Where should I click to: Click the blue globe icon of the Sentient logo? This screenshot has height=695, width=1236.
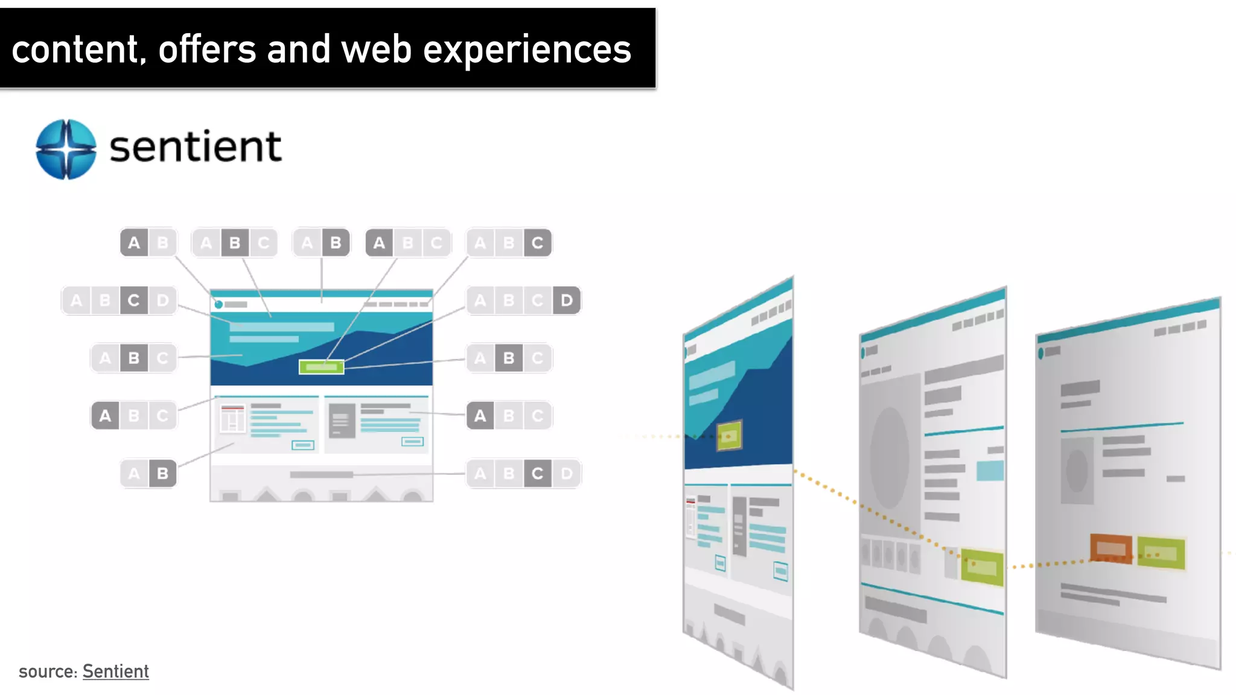[66, 149]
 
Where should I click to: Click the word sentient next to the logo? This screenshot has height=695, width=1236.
[196, 147]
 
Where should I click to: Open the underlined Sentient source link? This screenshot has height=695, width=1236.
[115, 671]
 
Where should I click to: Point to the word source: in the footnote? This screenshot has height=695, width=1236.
[48, 671]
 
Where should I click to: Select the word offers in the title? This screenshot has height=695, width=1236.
[207, 49]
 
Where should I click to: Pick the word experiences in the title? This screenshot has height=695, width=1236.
[527, 49]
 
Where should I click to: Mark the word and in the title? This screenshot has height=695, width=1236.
[298, 49]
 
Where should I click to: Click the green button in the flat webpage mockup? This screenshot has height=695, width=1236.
[321, 367]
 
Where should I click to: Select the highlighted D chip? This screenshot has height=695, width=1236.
[566, 300]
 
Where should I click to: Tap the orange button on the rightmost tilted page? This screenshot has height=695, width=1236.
[1110, 548]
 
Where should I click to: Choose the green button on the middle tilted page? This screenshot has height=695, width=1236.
[982, 567]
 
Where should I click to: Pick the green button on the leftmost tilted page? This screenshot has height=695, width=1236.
[729, 436]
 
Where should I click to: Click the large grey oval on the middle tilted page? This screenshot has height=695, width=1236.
[889, 457]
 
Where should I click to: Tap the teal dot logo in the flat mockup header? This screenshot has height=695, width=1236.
[218, 305]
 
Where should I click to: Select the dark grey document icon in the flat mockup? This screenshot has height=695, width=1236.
[342, 420]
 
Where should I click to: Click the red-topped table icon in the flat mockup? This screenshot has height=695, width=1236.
[232, 418]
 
